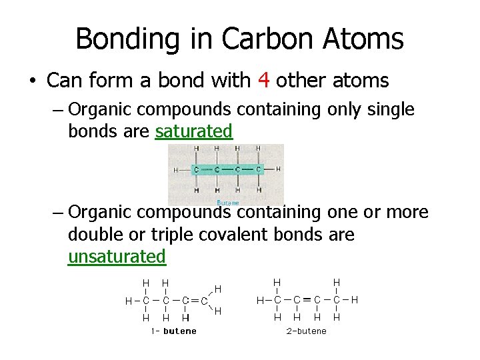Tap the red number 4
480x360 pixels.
tap(263, 81)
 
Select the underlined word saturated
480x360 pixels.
tap(193, 131)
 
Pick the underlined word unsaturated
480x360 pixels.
tap(117, 256)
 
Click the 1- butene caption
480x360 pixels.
tap(173, 331)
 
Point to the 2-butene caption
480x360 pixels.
tap(307, 331)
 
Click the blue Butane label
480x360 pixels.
tap(228, 202)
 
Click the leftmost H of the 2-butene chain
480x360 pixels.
tap(261, 301)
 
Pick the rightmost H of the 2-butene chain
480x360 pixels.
tap(355, 301)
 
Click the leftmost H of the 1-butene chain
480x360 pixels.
tap(129, 301)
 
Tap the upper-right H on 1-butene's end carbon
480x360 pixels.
tap(218, 289)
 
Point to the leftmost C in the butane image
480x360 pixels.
tap(196, 170)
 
